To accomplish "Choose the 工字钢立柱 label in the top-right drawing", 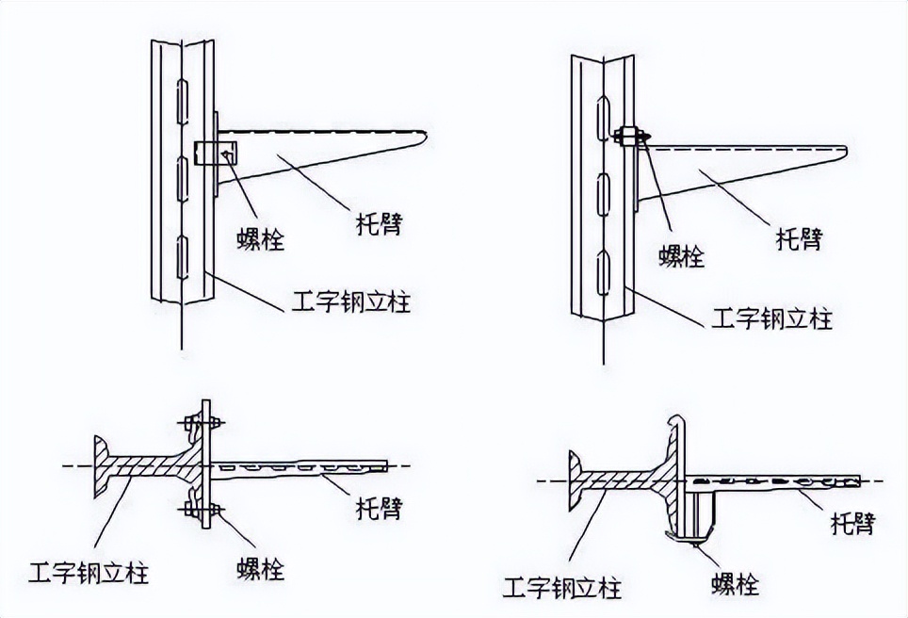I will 770,319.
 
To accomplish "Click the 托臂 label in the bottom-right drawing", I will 851,525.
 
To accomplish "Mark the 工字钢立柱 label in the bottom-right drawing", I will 562,590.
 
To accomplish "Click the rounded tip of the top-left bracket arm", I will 427,138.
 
